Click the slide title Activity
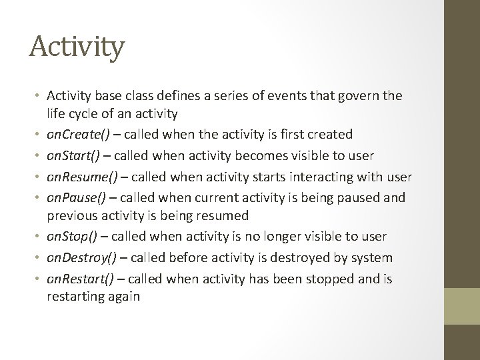pyautogui.click(x=77, y=47)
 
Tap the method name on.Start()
pyautogui.click(x=73, y=155)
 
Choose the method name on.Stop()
pyautogui.click(x=72, y=237)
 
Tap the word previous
pyautogui.click(x=72, y=216)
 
